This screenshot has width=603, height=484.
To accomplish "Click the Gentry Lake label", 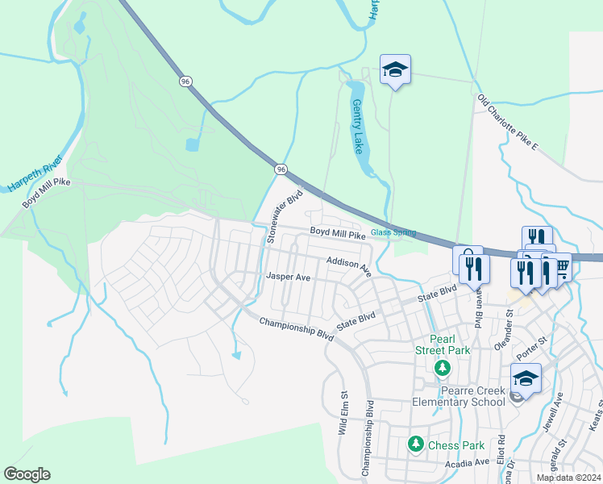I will coord(358,127).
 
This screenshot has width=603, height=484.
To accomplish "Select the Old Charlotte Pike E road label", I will coord(508,122).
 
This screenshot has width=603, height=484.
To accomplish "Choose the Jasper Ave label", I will coord(289,277).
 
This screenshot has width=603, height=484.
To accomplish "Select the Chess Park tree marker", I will coord(415,443).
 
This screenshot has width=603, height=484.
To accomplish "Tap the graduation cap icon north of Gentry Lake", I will coord(395,69).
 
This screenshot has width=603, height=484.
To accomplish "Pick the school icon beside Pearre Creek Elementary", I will coord(525,378).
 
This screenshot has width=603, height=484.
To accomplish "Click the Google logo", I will coord(27,474).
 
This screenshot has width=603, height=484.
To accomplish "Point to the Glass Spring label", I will coord(393,232).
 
